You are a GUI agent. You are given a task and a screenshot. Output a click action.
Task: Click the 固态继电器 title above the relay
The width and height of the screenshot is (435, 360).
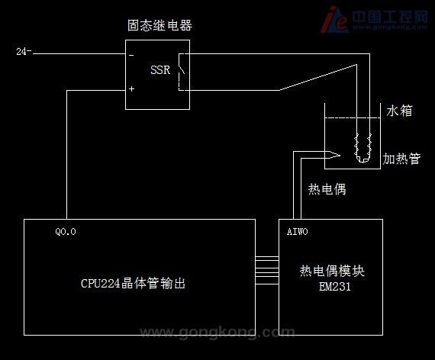click(x=159, y=25)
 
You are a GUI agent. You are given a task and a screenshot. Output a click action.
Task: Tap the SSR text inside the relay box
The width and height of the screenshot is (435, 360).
click(x=160, y=70)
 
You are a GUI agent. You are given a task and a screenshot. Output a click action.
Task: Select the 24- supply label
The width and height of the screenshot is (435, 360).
click(x=24, y=52)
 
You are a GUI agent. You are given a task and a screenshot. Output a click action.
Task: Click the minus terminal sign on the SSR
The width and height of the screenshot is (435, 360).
click(x=131, y=56)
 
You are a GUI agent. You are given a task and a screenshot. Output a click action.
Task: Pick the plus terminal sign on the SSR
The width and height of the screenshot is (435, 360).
click(x=131, y=88)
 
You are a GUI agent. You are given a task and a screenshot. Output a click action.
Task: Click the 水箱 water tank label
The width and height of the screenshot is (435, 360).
click(x=399, y=111)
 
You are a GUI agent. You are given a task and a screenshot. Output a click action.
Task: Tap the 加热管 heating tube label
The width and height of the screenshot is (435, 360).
click(x=401, y=159)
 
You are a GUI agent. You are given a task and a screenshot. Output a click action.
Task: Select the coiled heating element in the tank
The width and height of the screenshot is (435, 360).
click(x=362, y=148)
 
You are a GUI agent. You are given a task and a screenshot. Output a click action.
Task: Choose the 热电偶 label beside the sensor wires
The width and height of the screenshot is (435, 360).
click(x=327, y=189)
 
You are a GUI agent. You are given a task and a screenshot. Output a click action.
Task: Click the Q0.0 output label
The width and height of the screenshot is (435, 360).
click(x=66, y=232)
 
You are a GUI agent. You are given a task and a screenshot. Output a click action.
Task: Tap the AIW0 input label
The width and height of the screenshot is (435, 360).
click(x=297, y=232)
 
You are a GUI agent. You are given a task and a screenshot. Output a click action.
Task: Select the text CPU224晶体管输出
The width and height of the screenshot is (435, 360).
click(x=133, y=284)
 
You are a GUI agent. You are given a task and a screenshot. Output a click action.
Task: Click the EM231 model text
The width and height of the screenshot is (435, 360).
click(x=335, y=287)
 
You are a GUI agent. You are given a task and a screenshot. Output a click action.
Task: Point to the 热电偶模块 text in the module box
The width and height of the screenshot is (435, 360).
click(x=332, y=271)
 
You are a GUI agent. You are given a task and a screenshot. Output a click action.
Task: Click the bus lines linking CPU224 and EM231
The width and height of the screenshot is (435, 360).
click(x=267, y=271)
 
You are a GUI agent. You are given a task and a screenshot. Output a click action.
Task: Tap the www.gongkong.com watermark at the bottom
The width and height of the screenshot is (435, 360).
click(x=217, y=332)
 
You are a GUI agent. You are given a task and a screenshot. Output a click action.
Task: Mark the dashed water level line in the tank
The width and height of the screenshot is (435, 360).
click(x=353, y=118)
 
